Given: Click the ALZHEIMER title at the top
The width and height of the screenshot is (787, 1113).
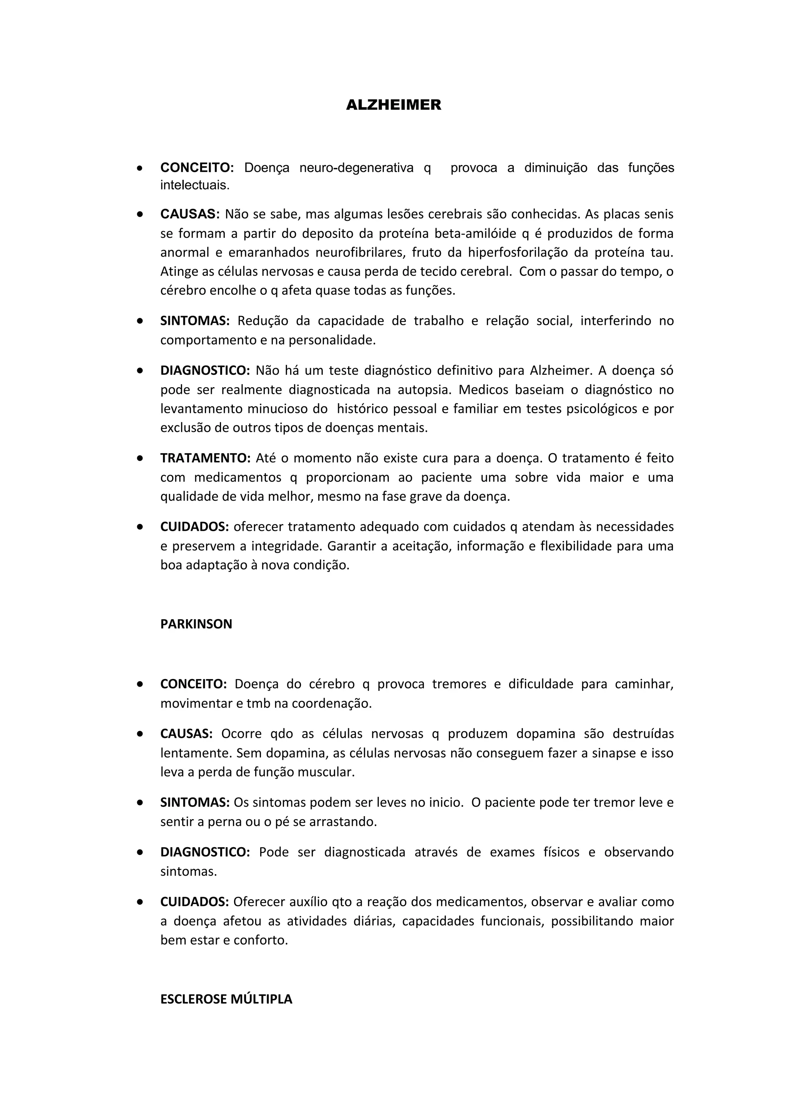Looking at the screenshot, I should (x=393, y=105).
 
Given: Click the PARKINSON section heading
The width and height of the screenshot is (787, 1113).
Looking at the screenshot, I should (x=196, y=624).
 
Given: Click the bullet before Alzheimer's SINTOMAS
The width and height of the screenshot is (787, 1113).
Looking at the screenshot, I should (x=139, y=321).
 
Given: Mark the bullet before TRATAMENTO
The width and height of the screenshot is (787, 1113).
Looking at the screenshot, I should (x=139, y=458).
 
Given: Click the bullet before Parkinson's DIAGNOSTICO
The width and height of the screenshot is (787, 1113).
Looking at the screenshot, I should (x=139, y=852).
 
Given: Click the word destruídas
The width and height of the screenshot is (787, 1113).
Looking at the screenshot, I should (x=643, y=734).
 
